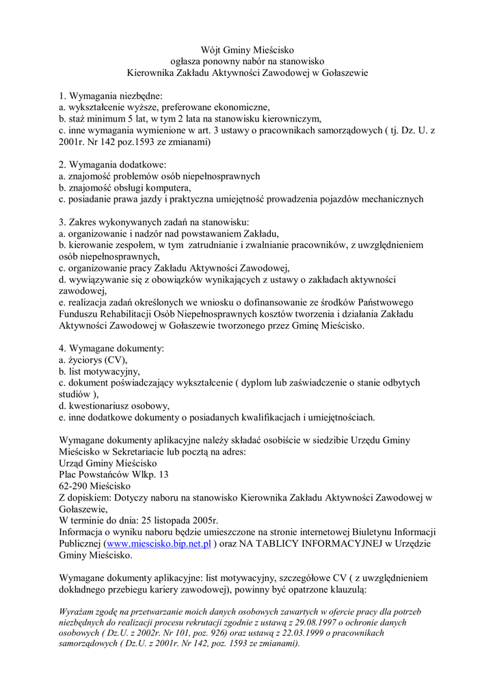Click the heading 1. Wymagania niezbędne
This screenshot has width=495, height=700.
110,96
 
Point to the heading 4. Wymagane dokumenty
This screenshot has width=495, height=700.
111,349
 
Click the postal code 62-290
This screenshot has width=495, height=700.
75,486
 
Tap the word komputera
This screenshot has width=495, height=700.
165,187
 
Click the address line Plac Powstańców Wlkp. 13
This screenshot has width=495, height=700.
113,474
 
